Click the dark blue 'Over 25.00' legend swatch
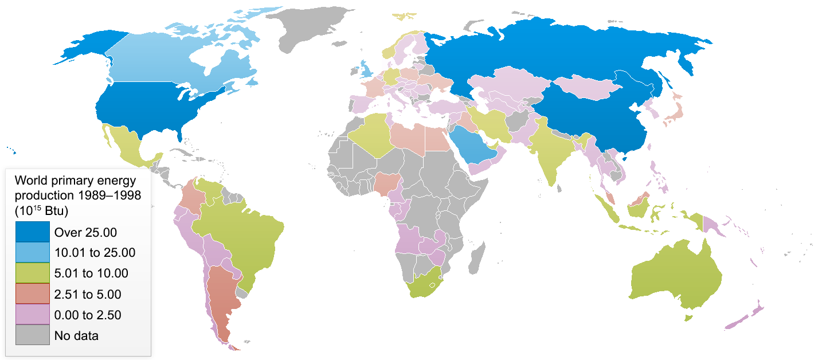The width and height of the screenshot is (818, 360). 32,232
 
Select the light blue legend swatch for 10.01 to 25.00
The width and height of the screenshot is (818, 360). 32,253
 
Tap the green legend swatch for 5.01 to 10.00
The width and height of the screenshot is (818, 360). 32,273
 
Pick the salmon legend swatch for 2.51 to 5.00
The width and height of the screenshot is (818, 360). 32,294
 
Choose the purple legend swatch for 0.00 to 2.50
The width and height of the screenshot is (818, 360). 32,315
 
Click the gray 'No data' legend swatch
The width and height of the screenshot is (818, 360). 32,335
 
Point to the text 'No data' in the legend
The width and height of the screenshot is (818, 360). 76,336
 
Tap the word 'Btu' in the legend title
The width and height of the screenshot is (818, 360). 57,211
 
